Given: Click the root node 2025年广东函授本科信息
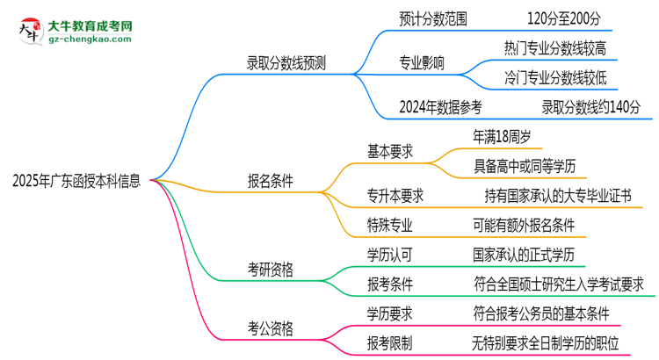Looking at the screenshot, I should pyautogui.click(x=76, y=182).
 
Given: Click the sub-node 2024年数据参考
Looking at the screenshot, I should pyautogui.click(x=441, y=107).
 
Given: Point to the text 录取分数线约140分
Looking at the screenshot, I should pyautogui.click(x=590, y=107).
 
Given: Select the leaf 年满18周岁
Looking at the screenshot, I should pyautogui.click(x=502, y=136).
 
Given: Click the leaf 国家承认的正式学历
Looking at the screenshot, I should pyautogui.click(x=522, y=255).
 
